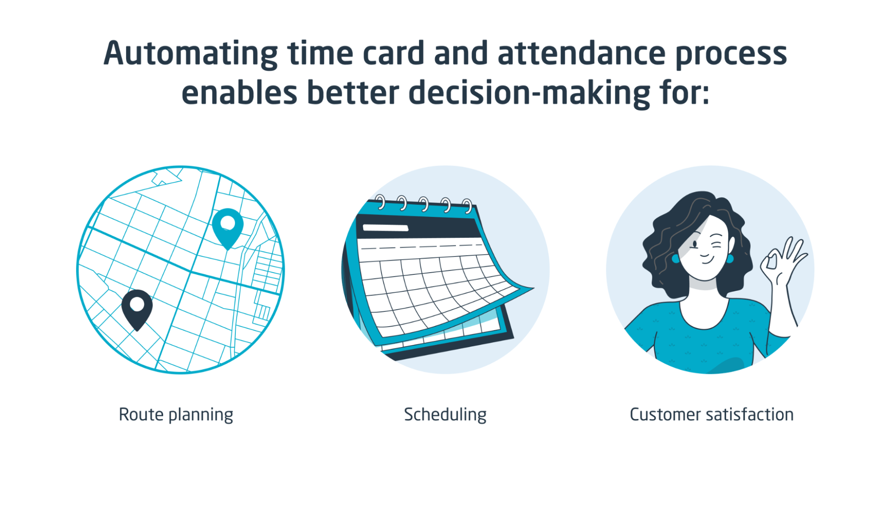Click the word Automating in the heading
click(x=191, y=54)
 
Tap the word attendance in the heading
click(x=582, y=53)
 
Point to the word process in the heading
click(x=731, y=55)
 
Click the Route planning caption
click(x=176, y=415)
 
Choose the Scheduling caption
click(x=445, y=415)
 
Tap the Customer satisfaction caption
click(x=712, y=415)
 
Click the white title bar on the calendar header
click(x=386, y=228)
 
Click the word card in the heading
click(x=393, y=54)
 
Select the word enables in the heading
click(x=239, y=93)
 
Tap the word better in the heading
click(x=353, y=93)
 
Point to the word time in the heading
click(x=320, y=54)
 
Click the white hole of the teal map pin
click(x=228, y=223)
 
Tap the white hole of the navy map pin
click(x=137, y=304)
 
